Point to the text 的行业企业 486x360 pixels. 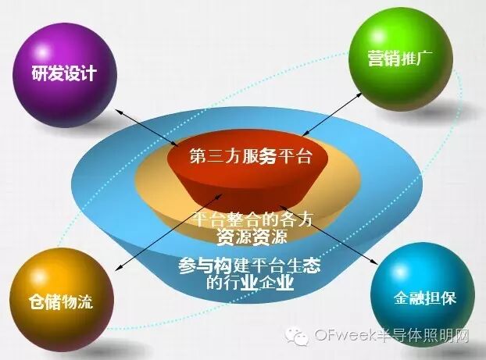(249, 282)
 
